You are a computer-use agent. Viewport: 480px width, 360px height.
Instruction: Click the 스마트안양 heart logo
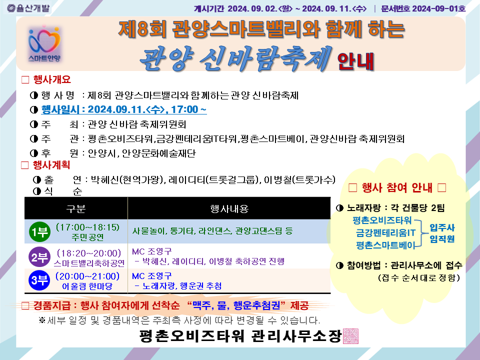[44, 43]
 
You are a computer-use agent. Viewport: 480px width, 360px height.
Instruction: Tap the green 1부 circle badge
[39, 231]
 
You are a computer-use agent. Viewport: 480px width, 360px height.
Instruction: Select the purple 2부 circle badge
[39, 257]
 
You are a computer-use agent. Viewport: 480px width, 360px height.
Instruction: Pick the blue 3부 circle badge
[39, 280]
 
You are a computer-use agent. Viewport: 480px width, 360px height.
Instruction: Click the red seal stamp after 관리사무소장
[350, 336]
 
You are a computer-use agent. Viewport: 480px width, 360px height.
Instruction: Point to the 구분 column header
[75, 209]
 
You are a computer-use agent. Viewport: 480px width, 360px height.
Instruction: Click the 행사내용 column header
[229, 209]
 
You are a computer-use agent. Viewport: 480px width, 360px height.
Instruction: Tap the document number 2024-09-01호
[438, 8]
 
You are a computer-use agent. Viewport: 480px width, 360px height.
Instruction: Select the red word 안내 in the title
[355, 61]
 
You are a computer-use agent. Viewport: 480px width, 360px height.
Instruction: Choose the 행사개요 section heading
[52, 79]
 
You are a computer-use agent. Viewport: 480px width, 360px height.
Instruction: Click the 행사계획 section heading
[51, 165]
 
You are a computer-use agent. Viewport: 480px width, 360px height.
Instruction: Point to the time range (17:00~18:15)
[87, 227]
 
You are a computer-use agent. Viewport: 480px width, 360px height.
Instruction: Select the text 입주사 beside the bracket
[442, 227]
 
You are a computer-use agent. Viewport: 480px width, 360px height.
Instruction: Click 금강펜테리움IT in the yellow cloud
[385, 232]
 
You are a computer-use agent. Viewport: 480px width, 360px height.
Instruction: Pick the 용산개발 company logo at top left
[28, 8]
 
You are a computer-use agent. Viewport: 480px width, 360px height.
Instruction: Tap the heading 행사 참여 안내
[397, 187]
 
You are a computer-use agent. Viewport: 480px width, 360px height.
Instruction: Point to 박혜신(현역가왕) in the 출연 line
[126, 179]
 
